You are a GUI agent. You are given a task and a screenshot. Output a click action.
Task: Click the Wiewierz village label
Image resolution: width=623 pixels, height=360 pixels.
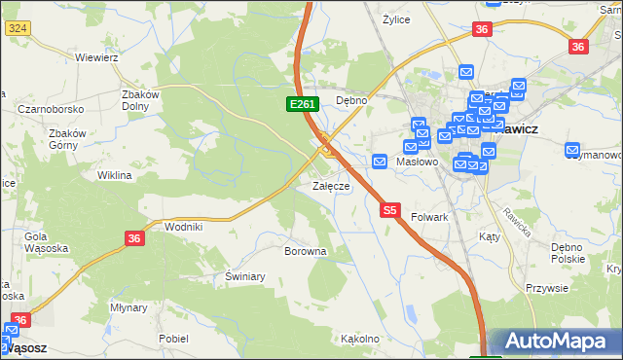96,57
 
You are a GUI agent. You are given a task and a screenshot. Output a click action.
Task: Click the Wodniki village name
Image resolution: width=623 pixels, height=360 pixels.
184,226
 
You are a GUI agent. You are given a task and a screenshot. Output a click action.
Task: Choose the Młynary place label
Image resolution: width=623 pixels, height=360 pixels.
128,306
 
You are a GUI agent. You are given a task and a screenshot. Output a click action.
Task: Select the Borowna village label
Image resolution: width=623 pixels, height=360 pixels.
305,251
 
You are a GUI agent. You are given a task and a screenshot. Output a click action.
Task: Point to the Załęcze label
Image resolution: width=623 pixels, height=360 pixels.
331,185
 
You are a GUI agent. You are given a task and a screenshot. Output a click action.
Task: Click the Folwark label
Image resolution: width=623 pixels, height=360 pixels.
429,217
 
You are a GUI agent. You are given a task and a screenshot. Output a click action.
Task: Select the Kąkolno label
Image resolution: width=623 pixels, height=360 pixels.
360,339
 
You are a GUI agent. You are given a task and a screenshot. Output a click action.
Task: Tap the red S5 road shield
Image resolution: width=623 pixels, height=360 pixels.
390,209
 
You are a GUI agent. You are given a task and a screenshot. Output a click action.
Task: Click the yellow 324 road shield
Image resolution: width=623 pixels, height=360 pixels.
17,30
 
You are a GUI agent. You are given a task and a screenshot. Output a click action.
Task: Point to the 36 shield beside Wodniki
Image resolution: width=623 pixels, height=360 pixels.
135,236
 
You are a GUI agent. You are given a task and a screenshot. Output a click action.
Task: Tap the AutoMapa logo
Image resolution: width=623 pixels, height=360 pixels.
555,342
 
